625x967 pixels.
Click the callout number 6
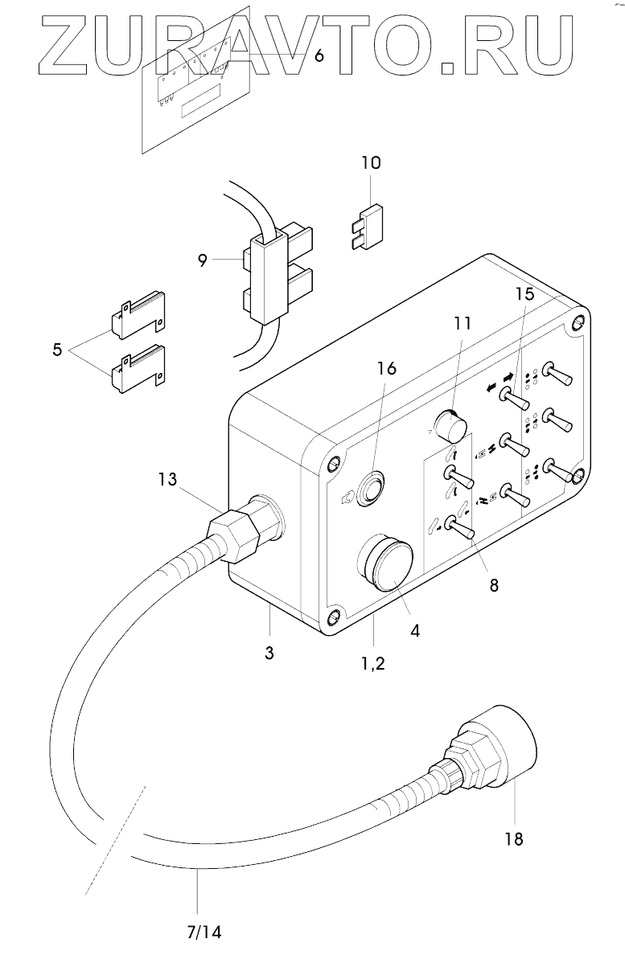(319, 56)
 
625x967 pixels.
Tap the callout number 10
(371, 163)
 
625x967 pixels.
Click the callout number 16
(386, 369)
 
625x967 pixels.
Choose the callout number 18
(513, 839)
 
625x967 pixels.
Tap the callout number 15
(524, 294)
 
